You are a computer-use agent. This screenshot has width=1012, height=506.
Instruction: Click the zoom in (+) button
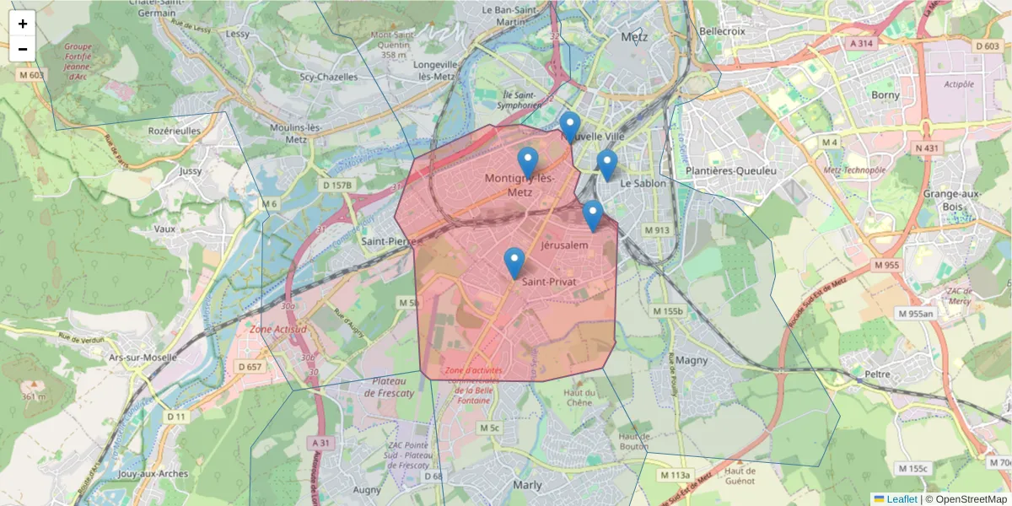(x=23, y=24)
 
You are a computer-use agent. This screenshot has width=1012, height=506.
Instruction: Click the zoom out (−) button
(x=23, y=49)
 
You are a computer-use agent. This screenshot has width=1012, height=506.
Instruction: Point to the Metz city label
(x=633, y=37)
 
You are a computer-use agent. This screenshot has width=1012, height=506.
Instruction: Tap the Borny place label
(x=885, y=95)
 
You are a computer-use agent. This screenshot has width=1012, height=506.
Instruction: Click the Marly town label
(x=527, y=485)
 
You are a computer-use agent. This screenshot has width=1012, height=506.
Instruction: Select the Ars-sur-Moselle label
(x=143, y=357)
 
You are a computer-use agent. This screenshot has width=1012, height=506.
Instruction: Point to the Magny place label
(x=692, y=360)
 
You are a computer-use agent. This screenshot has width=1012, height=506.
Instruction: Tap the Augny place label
(x=367, y=489)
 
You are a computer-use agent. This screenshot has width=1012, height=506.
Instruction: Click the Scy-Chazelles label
(x=329, y=77)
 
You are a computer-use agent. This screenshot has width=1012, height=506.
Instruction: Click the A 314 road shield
(x=861, y=43)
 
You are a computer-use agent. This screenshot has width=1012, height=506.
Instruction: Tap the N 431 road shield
(x=926, y=148)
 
